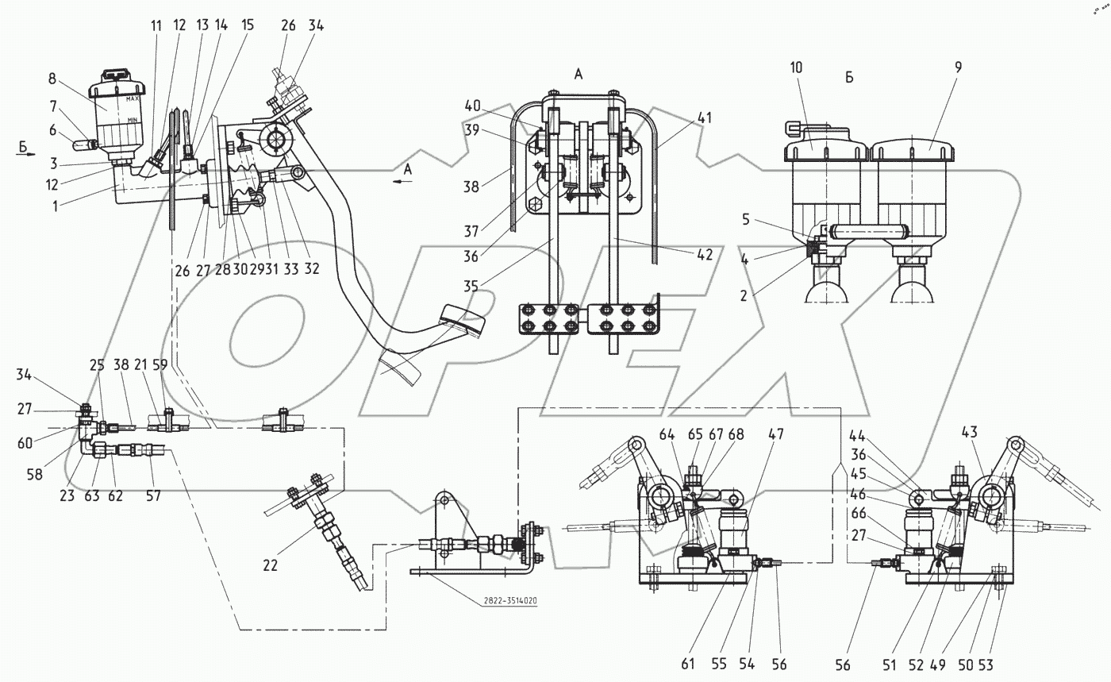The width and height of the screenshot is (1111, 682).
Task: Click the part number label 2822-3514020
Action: pos(508,601)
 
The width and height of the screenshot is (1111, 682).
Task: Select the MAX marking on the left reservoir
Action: pos(133,100)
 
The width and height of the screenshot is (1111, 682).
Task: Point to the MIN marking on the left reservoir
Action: pos(132,118)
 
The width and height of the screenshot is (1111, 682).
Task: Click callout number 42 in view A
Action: pos(705,256)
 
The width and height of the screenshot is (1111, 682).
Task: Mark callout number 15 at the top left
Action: pos(248,25)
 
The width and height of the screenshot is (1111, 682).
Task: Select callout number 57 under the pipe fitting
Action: pos(152,495)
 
